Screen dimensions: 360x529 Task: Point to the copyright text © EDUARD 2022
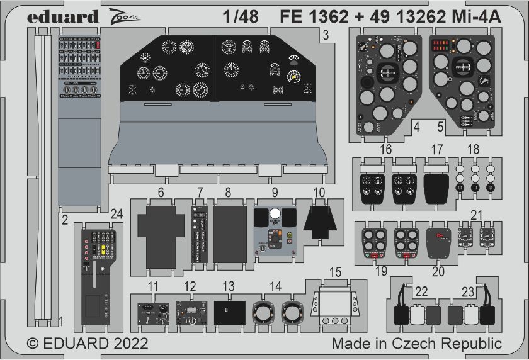click(88, 344)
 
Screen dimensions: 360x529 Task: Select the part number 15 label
click(336, 272)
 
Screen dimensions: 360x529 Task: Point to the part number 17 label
click(437, 150)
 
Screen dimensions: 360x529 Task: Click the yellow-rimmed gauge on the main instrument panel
click(293, 77)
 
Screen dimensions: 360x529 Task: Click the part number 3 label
click(326, 37)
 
